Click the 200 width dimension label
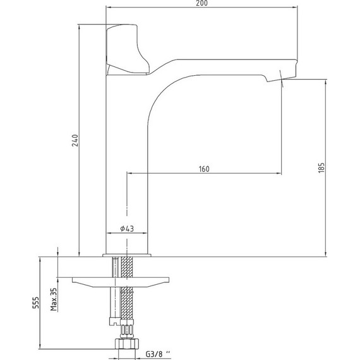pyautogui.click(x=202, y=3)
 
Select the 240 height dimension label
pyautogui.click(x=75, y=140)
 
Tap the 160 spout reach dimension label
pyautogui.click(x=204, y=169)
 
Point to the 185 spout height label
pyautogui.click(x=321, y=167)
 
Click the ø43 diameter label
pyautogui.click(x=127, y=229)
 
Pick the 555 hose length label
pyautogui.click(x=35, y=303)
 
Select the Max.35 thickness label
pyautogui.click(x=54, y=299)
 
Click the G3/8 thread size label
pyautogui.click(x=158, y=354)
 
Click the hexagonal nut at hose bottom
pyautogui.click(x=127, y=344)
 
